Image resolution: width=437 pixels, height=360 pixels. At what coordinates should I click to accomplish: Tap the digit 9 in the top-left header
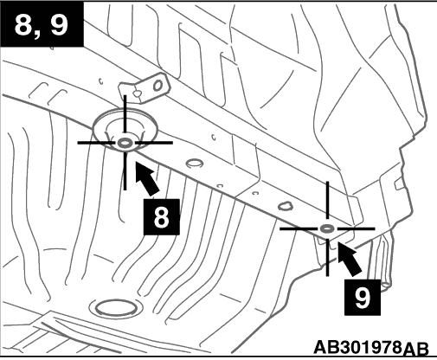(59, 25)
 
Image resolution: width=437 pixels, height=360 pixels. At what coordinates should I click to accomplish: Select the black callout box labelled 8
(162, 217)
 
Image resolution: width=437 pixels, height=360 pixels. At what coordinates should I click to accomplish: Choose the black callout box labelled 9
(363, 297)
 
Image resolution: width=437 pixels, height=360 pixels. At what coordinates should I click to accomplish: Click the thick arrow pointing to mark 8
(147, 178)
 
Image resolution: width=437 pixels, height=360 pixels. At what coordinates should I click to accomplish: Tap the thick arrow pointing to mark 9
(349, 259)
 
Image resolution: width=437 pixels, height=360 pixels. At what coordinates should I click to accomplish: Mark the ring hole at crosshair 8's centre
(125, 143)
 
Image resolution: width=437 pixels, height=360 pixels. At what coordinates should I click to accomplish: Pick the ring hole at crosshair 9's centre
(327, 228)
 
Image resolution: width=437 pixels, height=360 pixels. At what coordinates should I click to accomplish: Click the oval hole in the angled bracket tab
(158, 86)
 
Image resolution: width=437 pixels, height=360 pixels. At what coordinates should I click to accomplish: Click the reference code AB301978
(357, 347)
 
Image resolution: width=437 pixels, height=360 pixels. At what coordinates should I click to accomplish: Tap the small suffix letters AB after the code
(415, 349)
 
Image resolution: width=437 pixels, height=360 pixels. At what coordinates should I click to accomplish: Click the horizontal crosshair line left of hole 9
(299, 228)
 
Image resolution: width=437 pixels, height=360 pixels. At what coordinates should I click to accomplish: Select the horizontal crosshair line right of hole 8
(154, 143)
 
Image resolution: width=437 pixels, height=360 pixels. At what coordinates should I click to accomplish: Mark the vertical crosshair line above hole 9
(327, 200)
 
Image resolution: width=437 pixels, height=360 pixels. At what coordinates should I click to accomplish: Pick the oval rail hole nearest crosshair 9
(286, 206)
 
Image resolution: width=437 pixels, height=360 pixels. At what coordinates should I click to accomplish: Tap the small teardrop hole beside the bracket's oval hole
(138, 93)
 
